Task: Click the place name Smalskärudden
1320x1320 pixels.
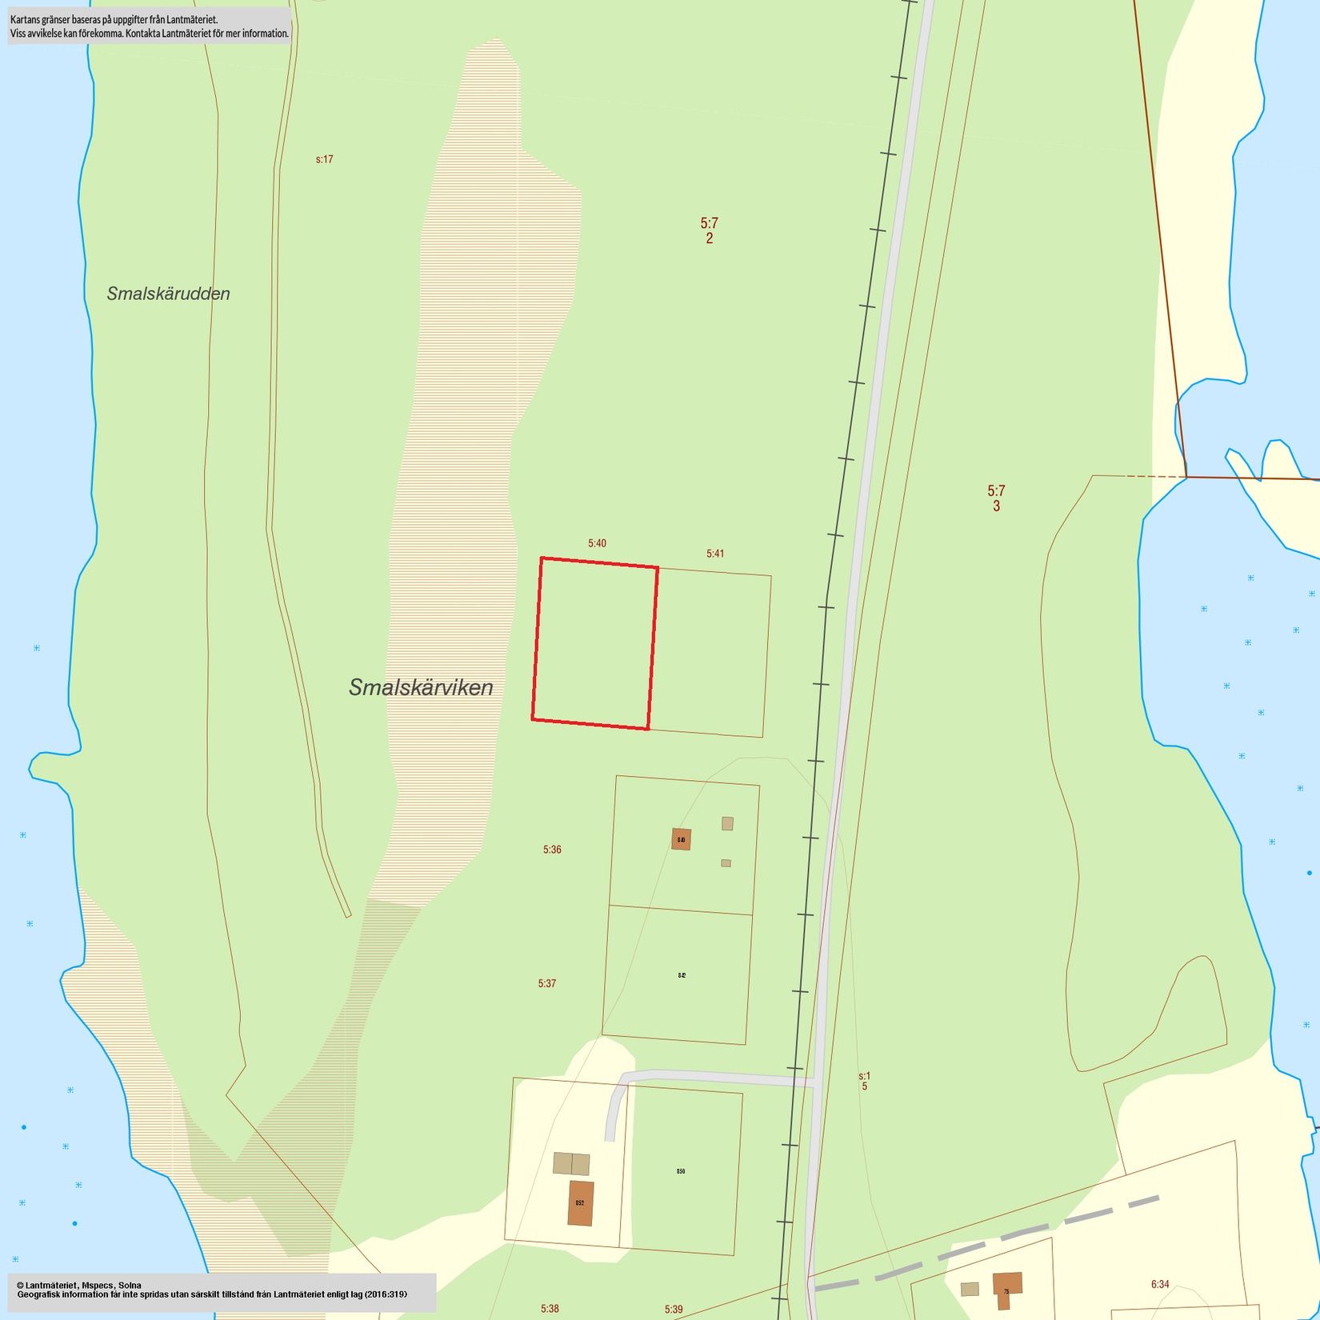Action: (168, 294)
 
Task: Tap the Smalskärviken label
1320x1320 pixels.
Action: (421, 687)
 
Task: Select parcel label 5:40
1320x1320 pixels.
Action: (597, 543)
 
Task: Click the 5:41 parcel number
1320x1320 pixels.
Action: (715, 554)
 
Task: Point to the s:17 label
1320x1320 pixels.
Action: (324, 159)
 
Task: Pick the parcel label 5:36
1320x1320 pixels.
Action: (552, 850)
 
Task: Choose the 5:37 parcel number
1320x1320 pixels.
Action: (547, 983)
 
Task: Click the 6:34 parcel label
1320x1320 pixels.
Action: (1160, 1284)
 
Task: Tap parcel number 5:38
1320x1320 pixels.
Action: (550, 1309)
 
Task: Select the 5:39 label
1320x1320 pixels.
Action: (674, 1310)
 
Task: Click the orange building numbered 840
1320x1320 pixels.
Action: (681, 839)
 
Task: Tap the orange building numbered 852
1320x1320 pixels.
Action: (581, 1203)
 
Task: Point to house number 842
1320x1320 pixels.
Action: (682, 975)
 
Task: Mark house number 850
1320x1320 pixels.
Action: (681, 1171)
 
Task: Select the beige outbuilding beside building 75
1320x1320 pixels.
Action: (970, 1289)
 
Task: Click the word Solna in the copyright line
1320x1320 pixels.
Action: (130, 1286)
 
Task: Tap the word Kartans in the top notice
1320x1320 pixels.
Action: (27, 19)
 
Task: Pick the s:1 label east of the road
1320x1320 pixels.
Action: (864, 1077)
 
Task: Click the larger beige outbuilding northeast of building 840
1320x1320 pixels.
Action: (727, 823)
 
